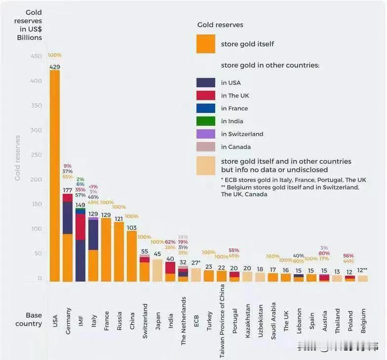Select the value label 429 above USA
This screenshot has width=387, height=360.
tap(55, 67)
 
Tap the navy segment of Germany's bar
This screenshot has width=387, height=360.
tap(68, 217)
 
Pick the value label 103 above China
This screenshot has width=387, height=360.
tap(132, 228)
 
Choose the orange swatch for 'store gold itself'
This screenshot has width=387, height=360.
tap(206, 44)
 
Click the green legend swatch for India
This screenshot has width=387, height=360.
tap(206, 121)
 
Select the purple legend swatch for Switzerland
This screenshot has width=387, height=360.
tap(206, 134)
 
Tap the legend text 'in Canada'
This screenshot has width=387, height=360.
tap(236, 147)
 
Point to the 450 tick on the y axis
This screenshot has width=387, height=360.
tap(36, 56)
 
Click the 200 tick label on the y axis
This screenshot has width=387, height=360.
tap(36, 180)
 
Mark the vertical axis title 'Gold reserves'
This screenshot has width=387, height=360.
tap(18, 158)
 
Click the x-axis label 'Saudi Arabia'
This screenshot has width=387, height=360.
tap(273, 316)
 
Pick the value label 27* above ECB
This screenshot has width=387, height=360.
tap(196, 263)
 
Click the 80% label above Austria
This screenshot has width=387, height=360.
tap(324, 253)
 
